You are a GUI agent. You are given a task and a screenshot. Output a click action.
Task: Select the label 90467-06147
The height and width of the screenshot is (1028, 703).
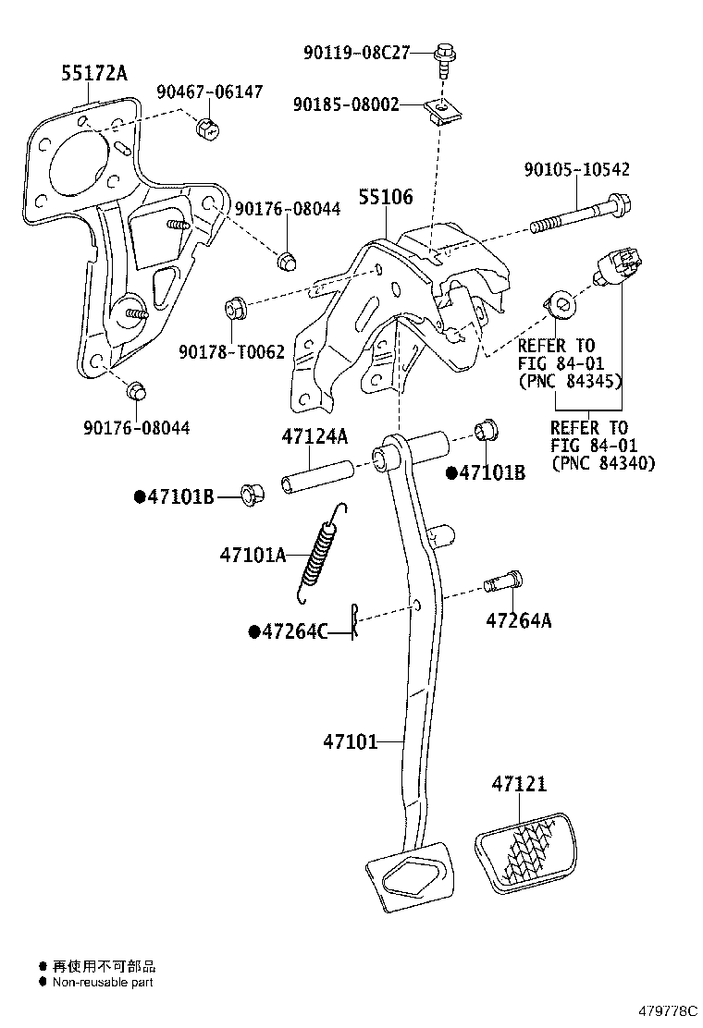point(209,92)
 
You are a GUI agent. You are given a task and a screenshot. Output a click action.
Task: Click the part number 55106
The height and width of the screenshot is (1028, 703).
point(386,197)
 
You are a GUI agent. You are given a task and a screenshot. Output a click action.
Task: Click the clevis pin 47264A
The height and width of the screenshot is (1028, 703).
point(503,583)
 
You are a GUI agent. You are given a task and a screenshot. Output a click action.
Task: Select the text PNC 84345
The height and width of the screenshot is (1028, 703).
point(570,381)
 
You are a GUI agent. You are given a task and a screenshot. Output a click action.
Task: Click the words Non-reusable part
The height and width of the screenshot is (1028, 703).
point(102,983)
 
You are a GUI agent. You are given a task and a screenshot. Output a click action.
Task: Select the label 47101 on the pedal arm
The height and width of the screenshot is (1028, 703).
point(351,740)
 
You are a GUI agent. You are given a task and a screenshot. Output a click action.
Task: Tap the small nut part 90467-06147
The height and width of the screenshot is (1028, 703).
point(207,128)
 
